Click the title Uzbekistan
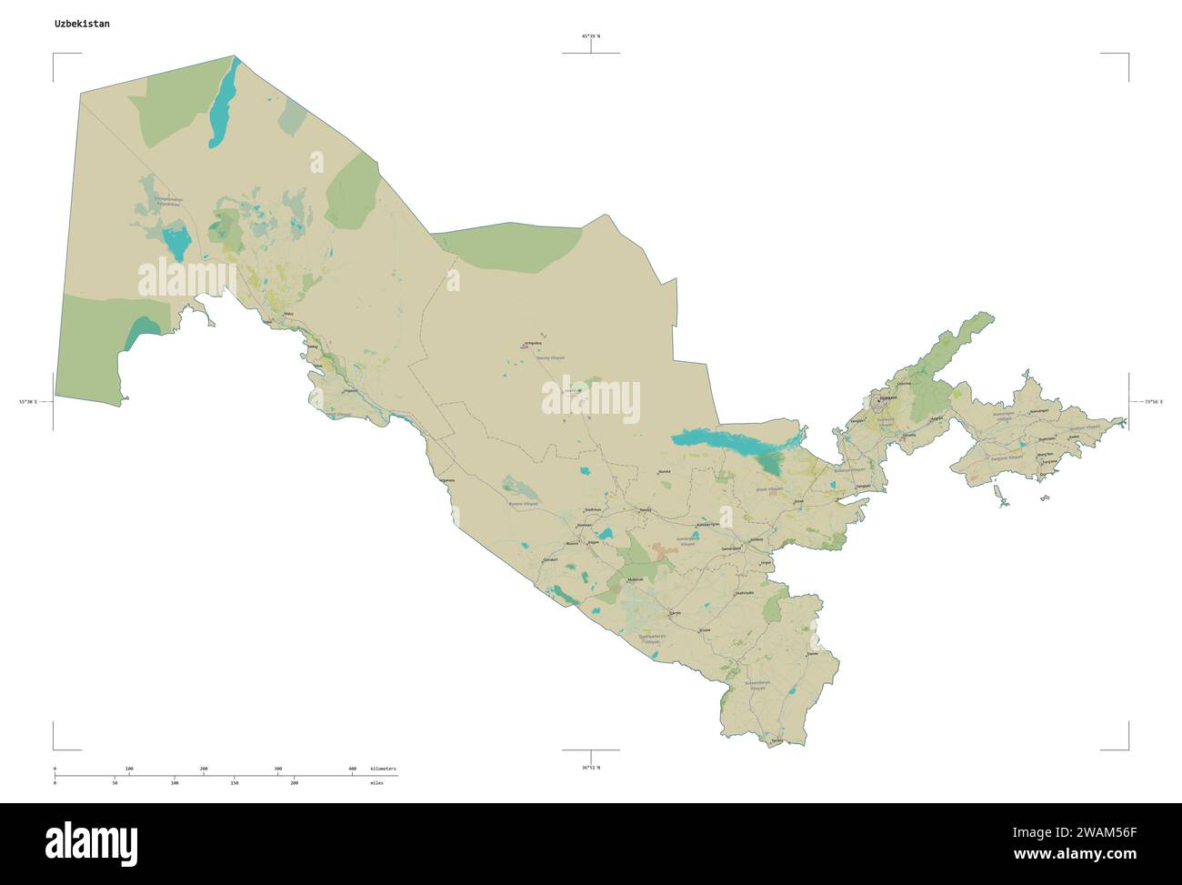coord(82,24)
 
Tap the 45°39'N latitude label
coord(591,35)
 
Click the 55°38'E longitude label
coord(28,401)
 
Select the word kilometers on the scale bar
coord(383,769)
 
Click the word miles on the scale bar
coord(376,782)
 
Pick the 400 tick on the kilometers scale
coord(352,769)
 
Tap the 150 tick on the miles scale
coord(234,782)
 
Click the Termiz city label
coord(776,742)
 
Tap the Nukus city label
coord(289,315)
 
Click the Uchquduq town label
coord(527,344)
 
